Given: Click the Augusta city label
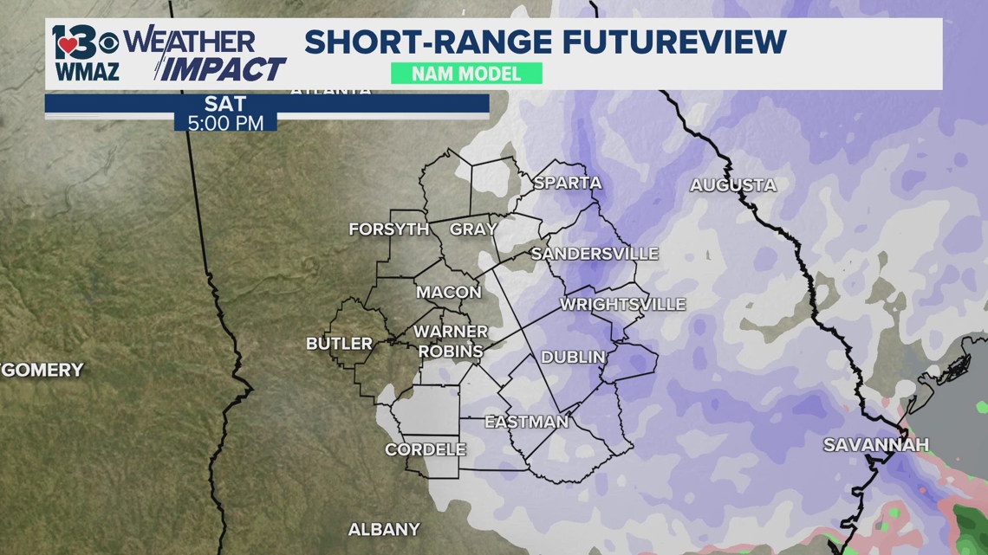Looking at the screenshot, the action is point(732,185).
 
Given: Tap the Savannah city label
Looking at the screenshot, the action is point(875,445).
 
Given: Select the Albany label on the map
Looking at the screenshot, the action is point(384,529).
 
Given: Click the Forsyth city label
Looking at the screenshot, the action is point(389,229).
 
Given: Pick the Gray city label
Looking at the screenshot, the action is point(473,229).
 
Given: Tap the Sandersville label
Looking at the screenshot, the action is point(595,254).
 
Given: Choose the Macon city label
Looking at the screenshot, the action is point(448,293).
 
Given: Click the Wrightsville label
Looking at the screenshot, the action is point(622,305).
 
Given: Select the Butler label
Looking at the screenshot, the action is point(339,344).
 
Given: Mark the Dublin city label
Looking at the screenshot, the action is point(573,357).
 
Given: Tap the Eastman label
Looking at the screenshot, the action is point(526,423).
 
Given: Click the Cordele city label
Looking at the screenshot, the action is point(425,449).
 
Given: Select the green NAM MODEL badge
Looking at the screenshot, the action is point(466,74).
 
